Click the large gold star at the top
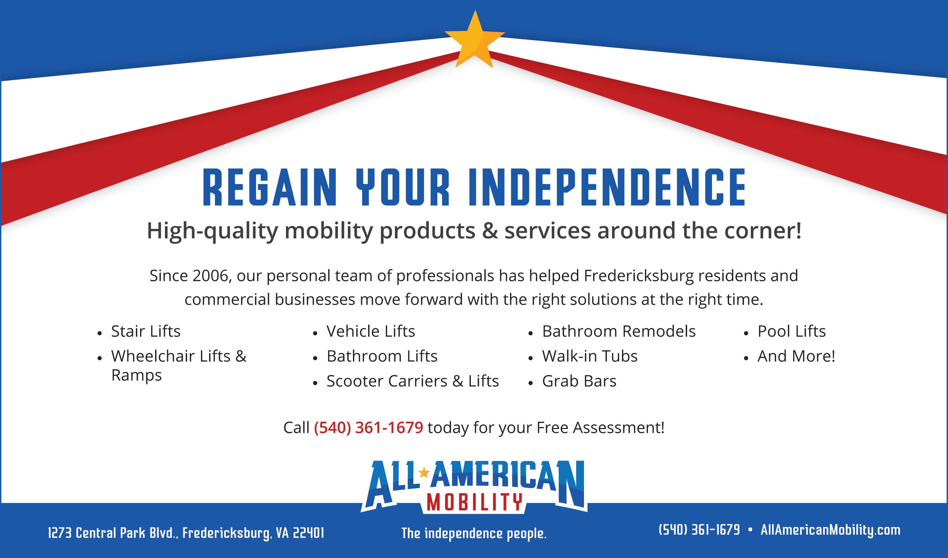coord(475,41)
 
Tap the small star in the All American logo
coord(424,472)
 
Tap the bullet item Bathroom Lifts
coord(382,356)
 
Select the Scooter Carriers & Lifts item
coord(413,381)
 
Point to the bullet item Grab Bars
coord(579,381)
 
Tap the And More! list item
coord(796,356)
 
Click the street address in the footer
coord(186,533)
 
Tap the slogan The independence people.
coord(474,533)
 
